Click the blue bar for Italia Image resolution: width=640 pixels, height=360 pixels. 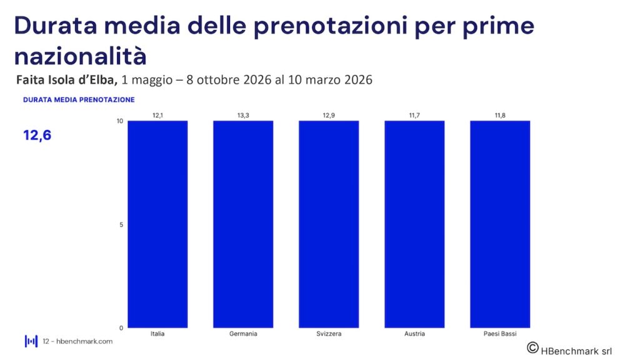157,224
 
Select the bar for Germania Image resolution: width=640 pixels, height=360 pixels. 243,224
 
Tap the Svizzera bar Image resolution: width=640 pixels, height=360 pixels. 329,224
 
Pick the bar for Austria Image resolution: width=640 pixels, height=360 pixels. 414,224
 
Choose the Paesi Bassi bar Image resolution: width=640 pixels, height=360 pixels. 500,224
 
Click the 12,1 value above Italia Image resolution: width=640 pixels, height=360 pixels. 157,115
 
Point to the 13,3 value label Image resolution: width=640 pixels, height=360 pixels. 243,115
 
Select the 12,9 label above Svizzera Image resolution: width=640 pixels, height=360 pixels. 329,115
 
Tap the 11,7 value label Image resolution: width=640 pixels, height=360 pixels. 414,115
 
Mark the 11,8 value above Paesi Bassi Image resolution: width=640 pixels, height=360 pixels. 500,115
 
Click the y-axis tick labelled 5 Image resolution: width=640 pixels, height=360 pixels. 121,224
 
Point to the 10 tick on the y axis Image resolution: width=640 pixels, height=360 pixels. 119,121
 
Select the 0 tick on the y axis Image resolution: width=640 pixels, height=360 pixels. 121,327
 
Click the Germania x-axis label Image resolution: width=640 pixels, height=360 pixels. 243,334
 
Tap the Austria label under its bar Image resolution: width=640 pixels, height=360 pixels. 414,334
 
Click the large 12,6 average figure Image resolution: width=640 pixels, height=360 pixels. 37,135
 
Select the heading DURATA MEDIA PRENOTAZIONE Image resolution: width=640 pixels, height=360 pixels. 79,99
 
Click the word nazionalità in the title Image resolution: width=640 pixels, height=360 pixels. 80,56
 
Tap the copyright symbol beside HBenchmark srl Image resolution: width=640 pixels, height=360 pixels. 532,347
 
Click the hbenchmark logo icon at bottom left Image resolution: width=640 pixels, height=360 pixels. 31,341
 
